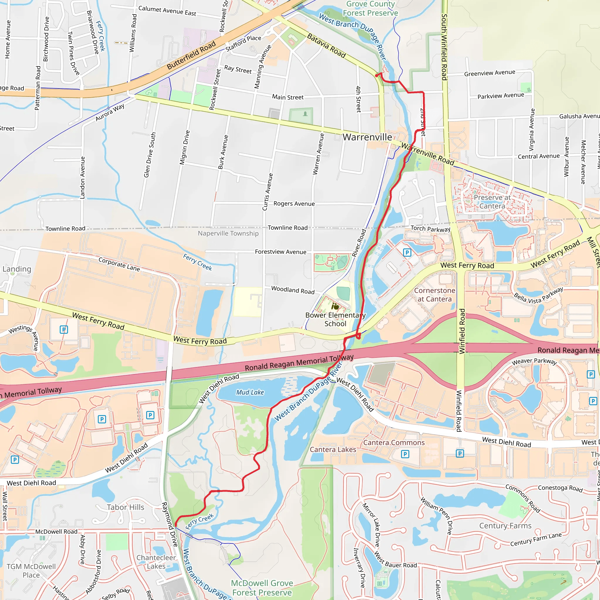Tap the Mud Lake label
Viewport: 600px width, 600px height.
(250, 393)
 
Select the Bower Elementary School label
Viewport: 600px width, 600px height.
(335, 319)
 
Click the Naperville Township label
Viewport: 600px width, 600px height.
(228, 233)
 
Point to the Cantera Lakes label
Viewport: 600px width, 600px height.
(333, 449)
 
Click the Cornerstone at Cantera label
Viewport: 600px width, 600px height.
(434, 295)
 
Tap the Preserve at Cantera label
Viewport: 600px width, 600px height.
(492, 202)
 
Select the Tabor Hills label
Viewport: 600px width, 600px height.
(125, 507)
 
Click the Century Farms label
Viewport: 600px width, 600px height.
(505, 526)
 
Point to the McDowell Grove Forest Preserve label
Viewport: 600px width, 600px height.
(262, 588)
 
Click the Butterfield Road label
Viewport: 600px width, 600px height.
(191, 56)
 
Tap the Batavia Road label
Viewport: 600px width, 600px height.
(326, 46)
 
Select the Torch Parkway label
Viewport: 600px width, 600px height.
(430, 229)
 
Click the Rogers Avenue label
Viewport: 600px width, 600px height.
(294, 204)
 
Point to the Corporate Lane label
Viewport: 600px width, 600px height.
(119, 264)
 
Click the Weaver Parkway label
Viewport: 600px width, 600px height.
(534, 361)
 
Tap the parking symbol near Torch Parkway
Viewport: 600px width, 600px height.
(407, 253)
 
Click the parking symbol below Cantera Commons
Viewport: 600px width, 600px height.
(405, 454)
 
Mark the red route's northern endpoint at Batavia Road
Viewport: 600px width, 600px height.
(376, 75)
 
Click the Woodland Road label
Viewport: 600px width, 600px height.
(293, 290)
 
